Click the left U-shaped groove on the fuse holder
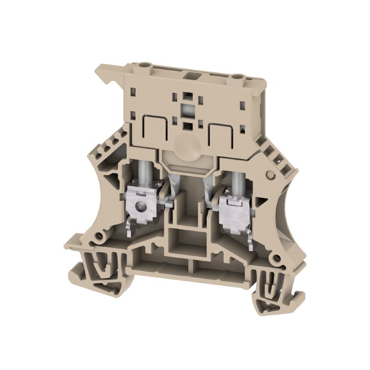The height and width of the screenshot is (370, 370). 148,126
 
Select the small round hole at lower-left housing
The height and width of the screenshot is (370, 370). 98,238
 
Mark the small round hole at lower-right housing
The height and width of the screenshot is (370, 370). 277,257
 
